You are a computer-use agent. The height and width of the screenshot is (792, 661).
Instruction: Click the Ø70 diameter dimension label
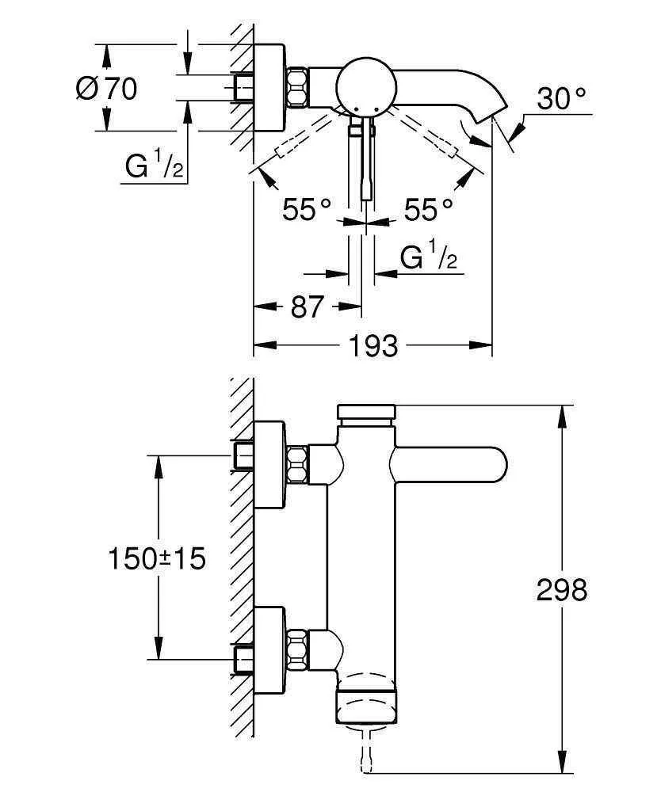pos(106,88)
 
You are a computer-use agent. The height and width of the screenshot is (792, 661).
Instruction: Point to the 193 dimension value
pos(373,345)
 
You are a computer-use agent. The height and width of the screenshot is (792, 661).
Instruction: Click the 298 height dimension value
pos(562,589)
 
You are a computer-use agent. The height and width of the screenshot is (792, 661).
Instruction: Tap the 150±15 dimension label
pos(156,558)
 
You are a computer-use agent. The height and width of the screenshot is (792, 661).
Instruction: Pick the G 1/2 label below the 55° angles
pos(430,257)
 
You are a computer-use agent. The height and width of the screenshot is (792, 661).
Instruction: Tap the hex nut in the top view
pos(297,87)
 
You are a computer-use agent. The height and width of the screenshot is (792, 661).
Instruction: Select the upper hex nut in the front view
pos(297,464)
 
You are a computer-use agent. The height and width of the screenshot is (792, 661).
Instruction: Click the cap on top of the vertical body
pos(366,413)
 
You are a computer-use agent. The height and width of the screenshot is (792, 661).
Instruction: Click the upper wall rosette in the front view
pos(269,463)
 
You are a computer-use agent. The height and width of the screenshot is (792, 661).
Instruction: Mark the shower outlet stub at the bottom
pos(365,752)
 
